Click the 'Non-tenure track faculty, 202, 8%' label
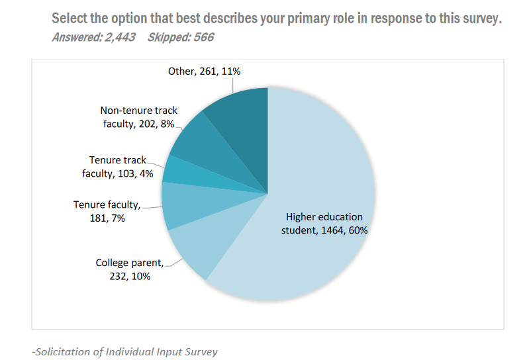point(139,117)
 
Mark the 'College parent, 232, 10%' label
point(130,269)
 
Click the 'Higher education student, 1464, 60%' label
point(324,224)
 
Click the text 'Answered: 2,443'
point(93,37)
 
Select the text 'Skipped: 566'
point(180,37)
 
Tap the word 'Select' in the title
point(71,19)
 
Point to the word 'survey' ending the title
point(479,19)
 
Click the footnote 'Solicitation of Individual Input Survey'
point(126,351)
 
